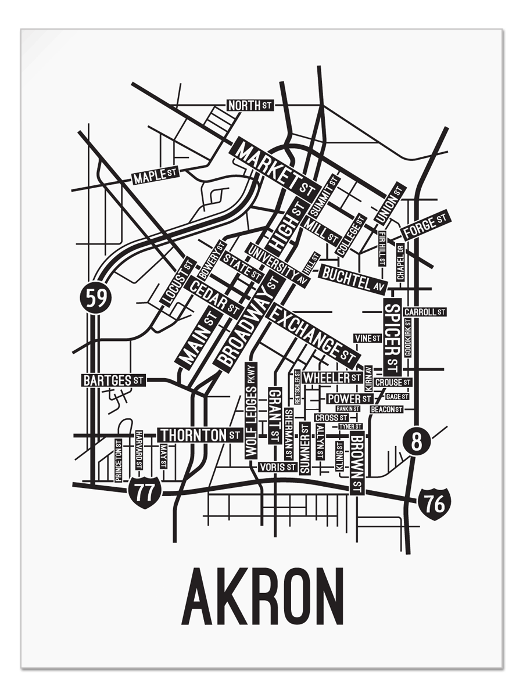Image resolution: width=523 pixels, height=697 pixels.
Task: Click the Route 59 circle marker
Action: tap(96, 298)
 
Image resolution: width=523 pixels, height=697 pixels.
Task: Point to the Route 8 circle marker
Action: tap(416, 442)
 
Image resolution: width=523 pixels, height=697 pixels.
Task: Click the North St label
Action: tap(249, 106)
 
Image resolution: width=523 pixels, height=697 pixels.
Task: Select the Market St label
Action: tap(274, 168)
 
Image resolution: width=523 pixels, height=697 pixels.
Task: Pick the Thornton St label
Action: tap(199, 434)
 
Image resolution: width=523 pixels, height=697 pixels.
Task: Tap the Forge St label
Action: tap(426, 225)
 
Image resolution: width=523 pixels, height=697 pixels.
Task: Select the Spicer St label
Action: tap(393, 337)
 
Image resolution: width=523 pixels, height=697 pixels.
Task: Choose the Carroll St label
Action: tap(425, 312)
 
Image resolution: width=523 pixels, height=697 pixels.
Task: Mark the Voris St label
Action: tap(278, 466)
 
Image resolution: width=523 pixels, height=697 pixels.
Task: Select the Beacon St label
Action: tap(387, 409)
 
